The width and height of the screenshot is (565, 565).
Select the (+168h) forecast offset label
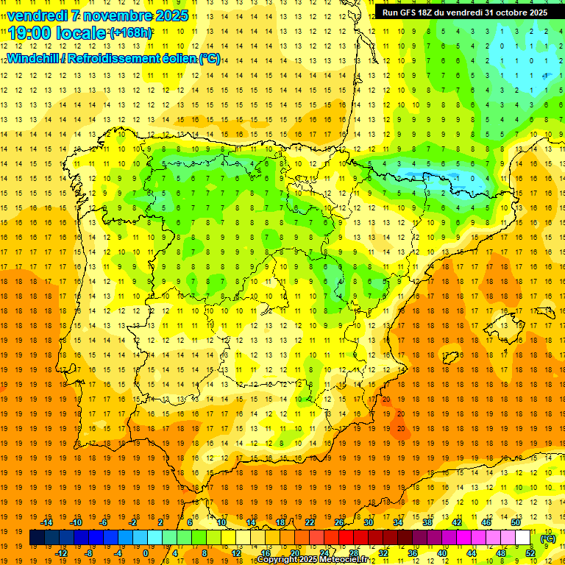click(x=130, y=33)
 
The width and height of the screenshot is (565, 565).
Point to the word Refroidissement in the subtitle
click(x=124, y=58)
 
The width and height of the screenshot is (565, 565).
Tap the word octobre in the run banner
click(x=512, y=13)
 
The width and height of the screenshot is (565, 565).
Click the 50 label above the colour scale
click(x=516, y=522)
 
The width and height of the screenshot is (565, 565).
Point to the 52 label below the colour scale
click(x=530, y=553)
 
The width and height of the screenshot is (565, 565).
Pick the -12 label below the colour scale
click(x=61, y=553)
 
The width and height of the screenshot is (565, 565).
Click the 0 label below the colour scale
click(x=146, y=553)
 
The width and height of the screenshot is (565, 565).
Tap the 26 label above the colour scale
click(x=339, y=522)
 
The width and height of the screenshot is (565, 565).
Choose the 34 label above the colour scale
click(x=398, y=522)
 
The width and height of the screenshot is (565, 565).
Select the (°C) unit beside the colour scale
click(x=548, y=538)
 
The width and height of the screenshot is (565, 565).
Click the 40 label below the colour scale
click(x=442, y=553)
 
